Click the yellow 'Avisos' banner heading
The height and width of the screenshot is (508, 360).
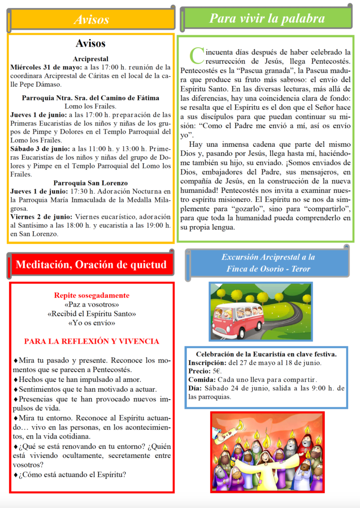(91, 20)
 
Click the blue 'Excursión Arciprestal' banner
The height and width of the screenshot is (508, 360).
(268, 263)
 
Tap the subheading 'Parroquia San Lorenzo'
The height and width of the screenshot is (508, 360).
(91, 183)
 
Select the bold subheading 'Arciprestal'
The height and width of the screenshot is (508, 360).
(91, 59)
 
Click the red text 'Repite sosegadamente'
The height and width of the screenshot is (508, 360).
(92, 295)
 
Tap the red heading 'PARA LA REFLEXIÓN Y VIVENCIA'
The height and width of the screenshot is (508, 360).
(92, 341)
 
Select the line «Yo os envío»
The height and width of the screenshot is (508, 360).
(92, 323)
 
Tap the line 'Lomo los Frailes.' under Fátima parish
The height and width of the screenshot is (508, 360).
(91, 106)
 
